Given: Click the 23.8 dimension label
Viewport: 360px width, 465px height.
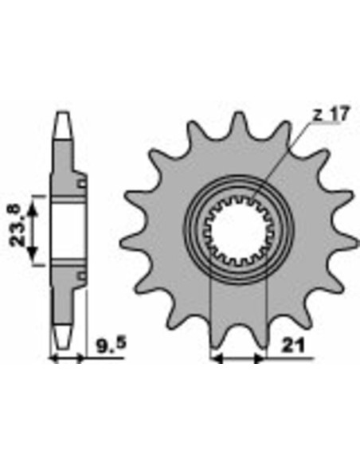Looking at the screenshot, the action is (16, 225).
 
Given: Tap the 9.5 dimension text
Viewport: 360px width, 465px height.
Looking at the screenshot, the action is (112, 344).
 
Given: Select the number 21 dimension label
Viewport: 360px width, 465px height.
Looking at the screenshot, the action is (293, 346).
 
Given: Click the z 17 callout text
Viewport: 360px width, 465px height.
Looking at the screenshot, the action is (331, 114).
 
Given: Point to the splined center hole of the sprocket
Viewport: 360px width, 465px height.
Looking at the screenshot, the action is (239, 230).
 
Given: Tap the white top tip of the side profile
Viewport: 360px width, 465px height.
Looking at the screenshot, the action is (64, 125).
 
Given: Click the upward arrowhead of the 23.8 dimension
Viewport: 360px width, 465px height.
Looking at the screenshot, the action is (33, 209).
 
